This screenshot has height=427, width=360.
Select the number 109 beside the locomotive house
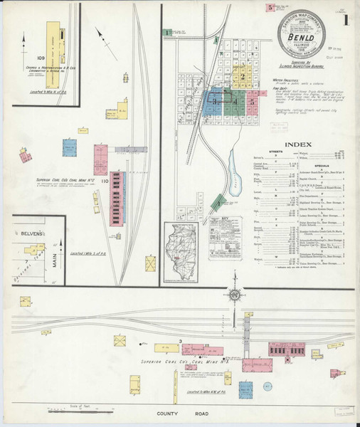click(41, 57)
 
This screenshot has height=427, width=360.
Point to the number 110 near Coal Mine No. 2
click(105, 181)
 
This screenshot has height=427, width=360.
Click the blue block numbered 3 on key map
click(214, 102)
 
